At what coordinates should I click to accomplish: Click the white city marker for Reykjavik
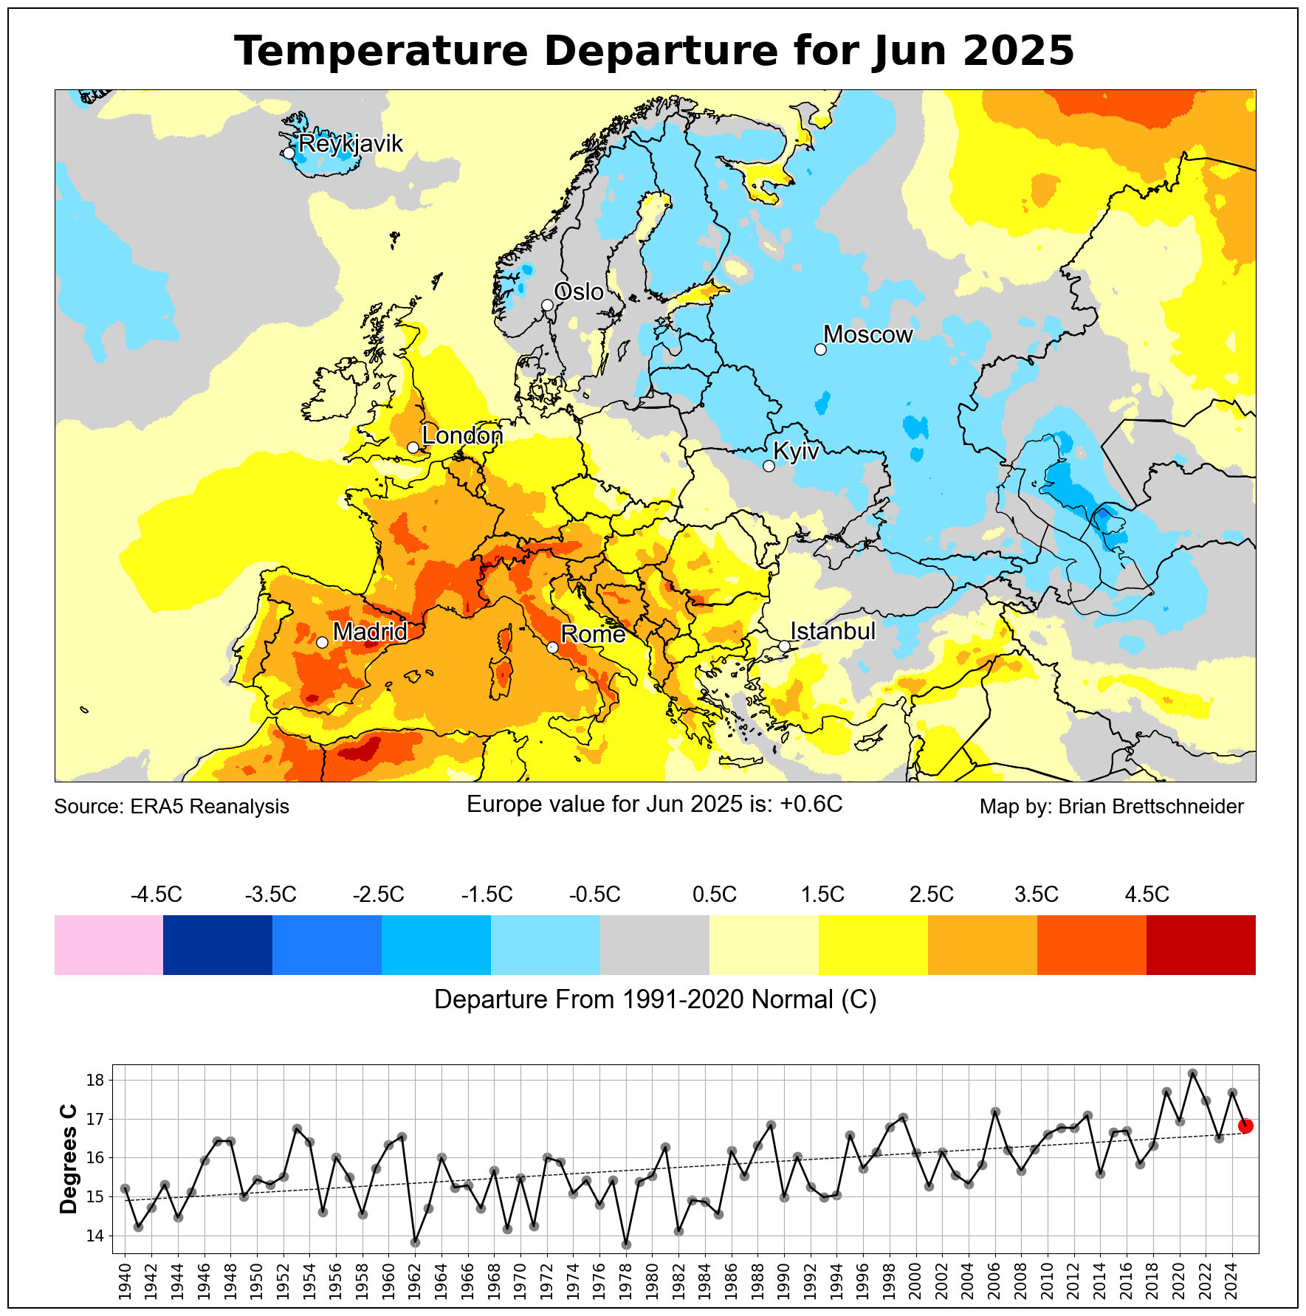(x=289, y=153)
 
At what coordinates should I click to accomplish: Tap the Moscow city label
(x=867, y=335)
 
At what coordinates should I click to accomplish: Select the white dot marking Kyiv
(x=769, y=466)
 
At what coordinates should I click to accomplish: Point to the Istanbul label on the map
(x=832, y=632)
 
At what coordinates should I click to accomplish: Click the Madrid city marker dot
(x=322, y=642)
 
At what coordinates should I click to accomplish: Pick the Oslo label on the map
(x=578, y=292)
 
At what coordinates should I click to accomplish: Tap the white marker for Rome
(x=552, y=647)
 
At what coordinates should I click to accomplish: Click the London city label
(x=462, y=436)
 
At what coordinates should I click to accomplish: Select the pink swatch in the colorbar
(x=109, y=945)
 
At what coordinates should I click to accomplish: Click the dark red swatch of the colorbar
(x=1200, y=945)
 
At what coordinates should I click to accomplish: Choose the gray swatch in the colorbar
(x=655, y=945)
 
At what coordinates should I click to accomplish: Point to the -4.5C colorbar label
(x=156, y=895)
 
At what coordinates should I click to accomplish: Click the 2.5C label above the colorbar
(x=931, y=895)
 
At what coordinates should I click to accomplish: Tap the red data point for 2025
(x=1245, y=1126)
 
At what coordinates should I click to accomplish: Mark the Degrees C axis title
(x=69, y=1158)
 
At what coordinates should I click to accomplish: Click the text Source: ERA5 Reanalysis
(x=171, y=807)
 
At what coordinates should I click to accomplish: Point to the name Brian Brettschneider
(x=1151, y=807)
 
